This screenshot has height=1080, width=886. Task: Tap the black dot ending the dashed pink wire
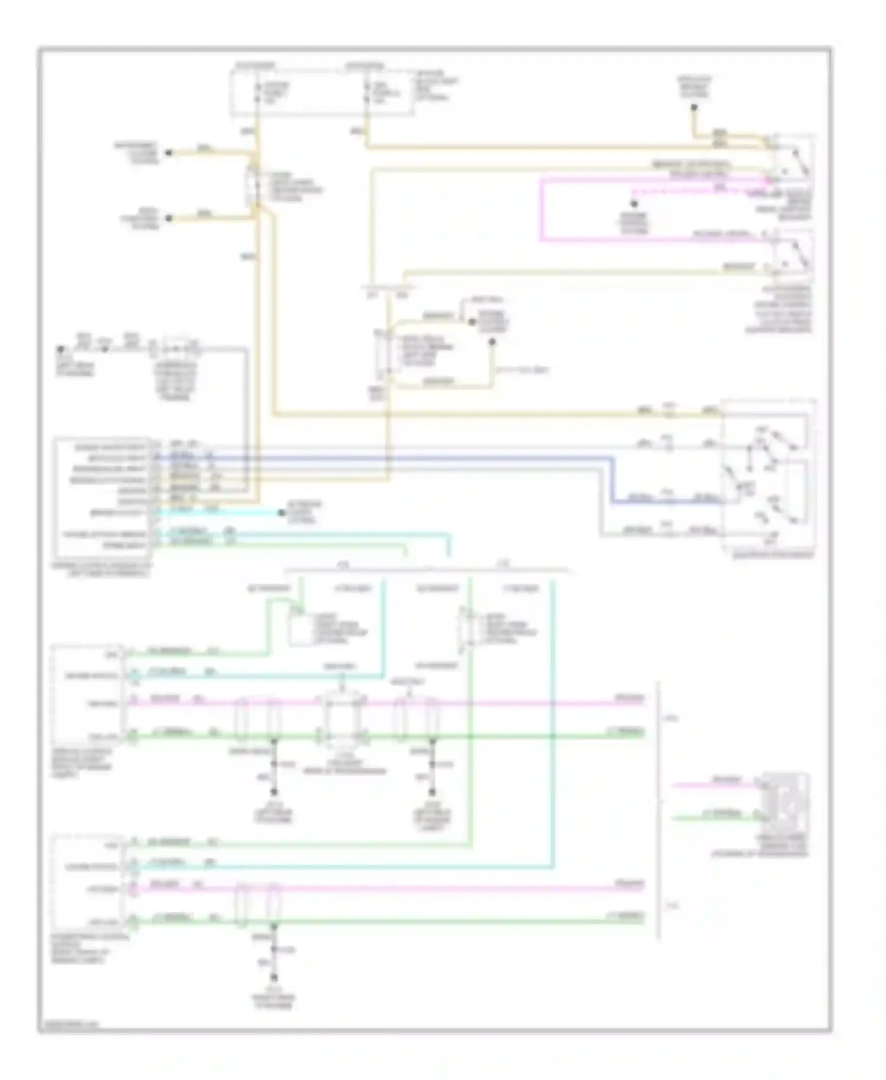click(x=633, y=204)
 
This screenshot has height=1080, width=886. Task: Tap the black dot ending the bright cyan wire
click(x=282, y=512)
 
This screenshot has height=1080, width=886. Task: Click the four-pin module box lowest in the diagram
click(x=89, y=884)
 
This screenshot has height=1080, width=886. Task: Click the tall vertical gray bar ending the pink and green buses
click(x=659, y=809)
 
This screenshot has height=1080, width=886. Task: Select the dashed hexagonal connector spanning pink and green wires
click(x=342, y=720)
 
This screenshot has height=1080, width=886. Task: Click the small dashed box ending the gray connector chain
click(x=177, y=349)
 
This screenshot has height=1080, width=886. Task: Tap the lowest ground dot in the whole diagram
click(x=273, y=978)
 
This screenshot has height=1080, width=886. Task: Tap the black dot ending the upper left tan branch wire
click(x=168, y=152)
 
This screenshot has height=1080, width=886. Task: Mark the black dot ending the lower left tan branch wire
click(x=168, y=218)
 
